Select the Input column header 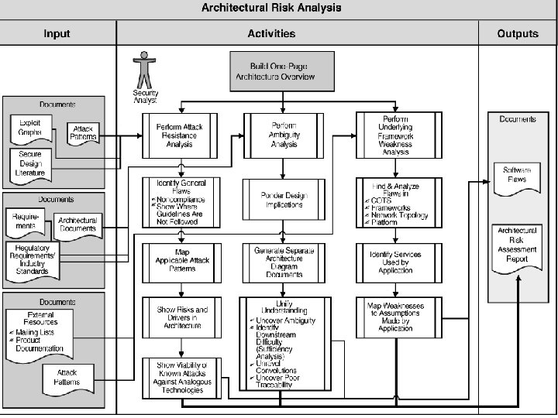click(x=57, y=34)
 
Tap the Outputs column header click(x=517, y=34)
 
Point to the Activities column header click(x=271, y=34)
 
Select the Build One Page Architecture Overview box click(x=283, y=71)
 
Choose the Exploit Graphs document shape click(x=31, y=129)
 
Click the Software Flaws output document click(x=517, y=176)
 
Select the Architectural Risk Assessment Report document click(x=517, y=245)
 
